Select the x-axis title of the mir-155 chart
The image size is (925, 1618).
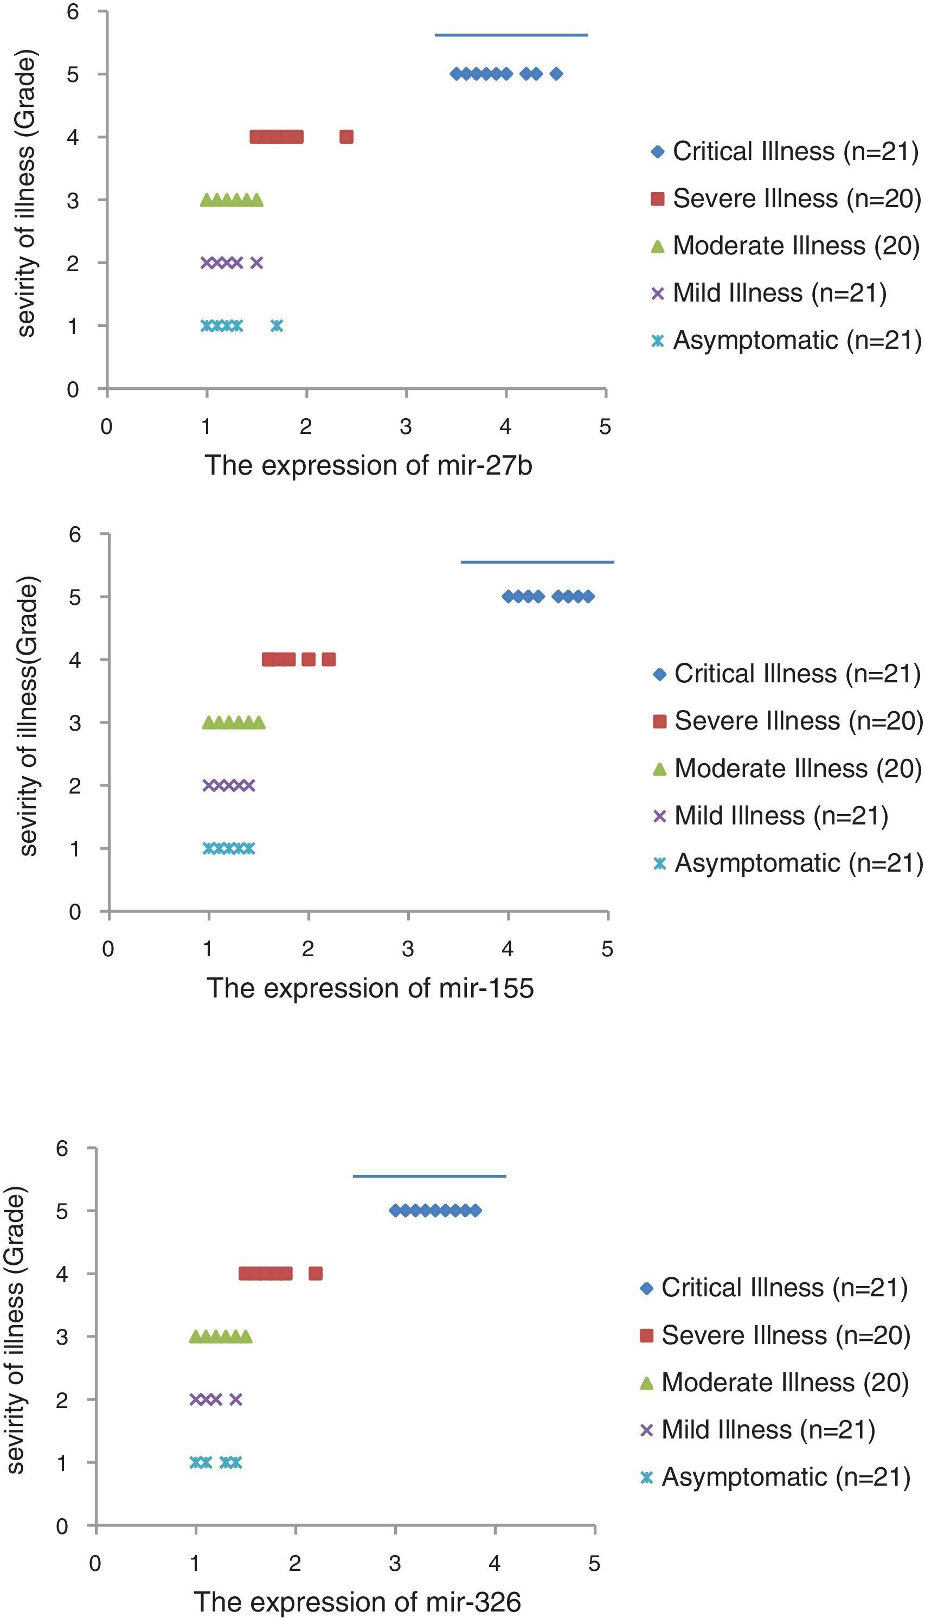[370, 988]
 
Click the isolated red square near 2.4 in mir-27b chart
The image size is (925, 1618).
[346, 137]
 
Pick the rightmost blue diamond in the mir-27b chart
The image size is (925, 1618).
[556, 74]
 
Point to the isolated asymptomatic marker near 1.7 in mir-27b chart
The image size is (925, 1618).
[277, 326]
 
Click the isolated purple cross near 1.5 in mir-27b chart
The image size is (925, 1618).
[256, 263]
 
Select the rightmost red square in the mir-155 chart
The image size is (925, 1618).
[329, 659]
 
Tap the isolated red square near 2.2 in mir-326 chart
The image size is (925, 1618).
[315, 1274]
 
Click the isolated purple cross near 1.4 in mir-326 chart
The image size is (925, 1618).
[236, 1399]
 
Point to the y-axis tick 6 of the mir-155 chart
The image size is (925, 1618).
[75, 534]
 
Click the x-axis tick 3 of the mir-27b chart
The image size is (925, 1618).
[406, 426]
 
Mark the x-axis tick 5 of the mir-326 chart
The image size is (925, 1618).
[594, 1563]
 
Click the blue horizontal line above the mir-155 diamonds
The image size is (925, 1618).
[537, 562]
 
